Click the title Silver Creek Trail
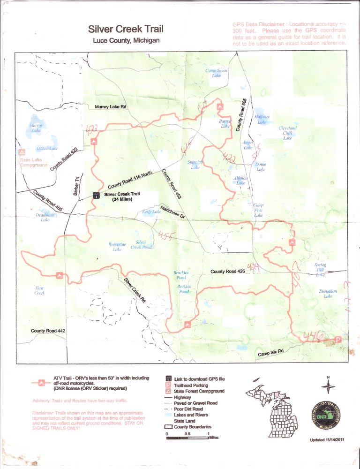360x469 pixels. pos(126,30)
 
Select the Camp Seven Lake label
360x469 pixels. pos(217,73)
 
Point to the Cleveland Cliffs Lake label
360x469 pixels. pos(287,133)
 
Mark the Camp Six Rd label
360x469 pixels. pos(271,353)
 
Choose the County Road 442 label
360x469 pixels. pos(48,331)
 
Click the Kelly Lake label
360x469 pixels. pos(151,212)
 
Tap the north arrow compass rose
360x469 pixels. pos(328,386)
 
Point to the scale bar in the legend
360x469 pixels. pos(187,438)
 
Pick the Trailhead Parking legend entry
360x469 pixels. pos(188,385)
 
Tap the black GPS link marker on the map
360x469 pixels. pos(96,196)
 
